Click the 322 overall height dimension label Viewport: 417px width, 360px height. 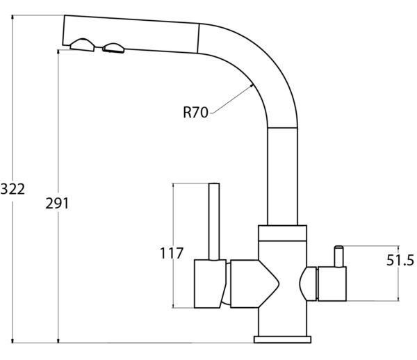coord(13,189)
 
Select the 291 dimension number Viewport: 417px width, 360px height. coord(57,204)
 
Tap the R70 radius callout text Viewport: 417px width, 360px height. coord(195,112)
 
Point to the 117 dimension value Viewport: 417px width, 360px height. coord(172,253)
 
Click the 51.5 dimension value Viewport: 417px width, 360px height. coord(400,260)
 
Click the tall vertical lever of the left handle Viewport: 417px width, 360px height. coord(214,222)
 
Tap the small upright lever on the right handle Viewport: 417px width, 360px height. coord(339,256)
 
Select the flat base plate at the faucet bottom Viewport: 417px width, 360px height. coord(282,340)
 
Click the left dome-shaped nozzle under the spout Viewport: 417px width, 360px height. coord(82,45)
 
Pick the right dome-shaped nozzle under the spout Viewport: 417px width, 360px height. coord(113,48)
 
